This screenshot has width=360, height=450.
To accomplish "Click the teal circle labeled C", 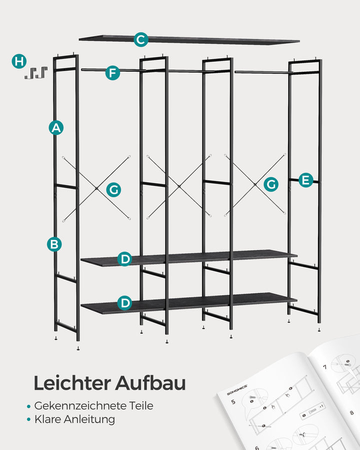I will coord(141,39).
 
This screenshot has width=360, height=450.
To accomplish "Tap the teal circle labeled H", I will coord(19,62).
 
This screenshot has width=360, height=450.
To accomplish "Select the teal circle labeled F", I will coord(113,73).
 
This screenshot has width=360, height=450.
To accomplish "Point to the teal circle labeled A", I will coord(56,127).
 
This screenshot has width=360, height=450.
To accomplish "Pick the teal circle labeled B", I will coord(54,244).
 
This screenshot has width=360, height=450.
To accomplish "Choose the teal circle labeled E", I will coord(305,180).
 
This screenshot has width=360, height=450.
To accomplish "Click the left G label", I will coord(113,189).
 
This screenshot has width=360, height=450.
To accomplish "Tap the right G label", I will coord(271,184).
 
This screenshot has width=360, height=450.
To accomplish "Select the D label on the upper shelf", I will coord(125,259).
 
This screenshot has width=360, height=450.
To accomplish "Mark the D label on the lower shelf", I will coord(125,303).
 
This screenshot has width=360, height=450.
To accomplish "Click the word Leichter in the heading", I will coord(71,383).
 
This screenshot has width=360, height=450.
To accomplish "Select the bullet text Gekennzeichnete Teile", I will coord(94,405).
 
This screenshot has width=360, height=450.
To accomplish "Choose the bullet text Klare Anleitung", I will coord(74,419).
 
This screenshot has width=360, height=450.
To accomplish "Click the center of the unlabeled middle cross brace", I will coord(179,186).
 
